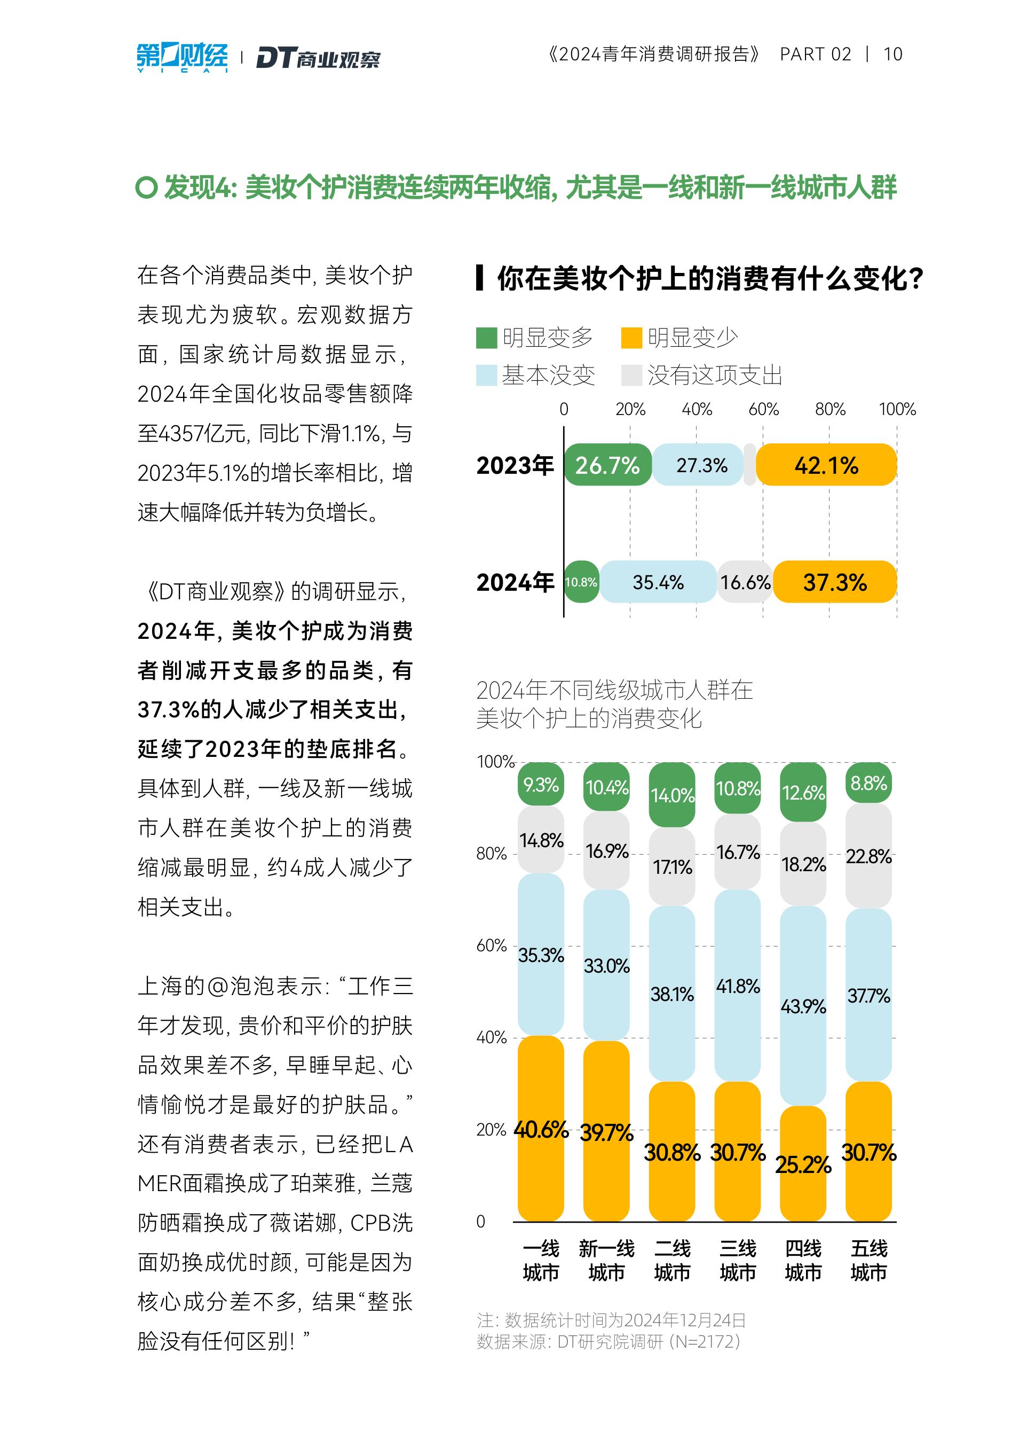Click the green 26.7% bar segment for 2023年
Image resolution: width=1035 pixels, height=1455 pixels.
tap(607, 465)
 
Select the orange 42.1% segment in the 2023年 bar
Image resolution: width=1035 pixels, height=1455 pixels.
tap(826, 465)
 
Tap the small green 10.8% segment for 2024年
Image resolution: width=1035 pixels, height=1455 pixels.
tap(581, 582)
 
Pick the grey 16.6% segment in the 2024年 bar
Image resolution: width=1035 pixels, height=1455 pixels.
tap(745, 582)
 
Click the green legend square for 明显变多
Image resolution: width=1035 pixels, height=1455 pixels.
tap(486, 338)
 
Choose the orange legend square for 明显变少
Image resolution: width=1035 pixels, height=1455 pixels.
tap(631, 338)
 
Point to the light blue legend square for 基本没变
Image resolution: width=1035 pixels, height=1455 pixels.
tap(486, 376)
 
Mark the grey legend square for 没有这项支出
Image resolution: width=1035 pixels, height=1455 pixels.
tap(631, 376)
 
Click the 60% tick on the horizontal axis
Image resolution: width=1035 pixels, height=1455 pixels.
tap(763, 409)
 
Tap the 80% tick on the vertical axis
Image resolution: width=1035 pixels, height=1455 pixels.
tap(492, 854)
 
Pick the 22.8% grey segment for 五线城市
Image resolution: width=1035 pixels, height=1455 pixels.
tap(868, 856)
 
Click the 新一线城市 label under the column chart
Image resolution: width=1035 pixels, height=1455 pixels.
tap(606, 1261)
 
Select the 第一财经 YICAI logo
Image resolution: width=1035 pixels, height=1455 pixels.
tap(182, 57)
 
